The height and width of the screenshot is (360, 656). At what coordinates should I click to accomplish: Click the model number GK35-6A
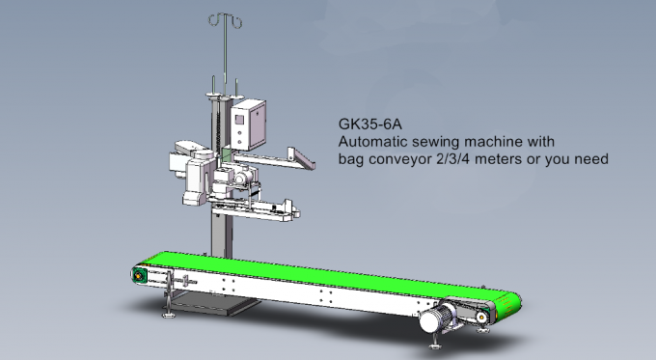coord(369,125)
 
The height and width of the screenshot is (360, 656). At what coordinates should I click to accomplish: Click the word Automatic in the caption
coord(372,141)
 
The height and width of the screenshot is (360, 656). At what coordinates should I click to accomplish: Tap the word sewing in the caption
coord(437,141)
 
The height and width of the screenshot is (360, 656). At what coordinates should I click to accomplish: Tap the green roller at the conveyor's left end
coord(141,276)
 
